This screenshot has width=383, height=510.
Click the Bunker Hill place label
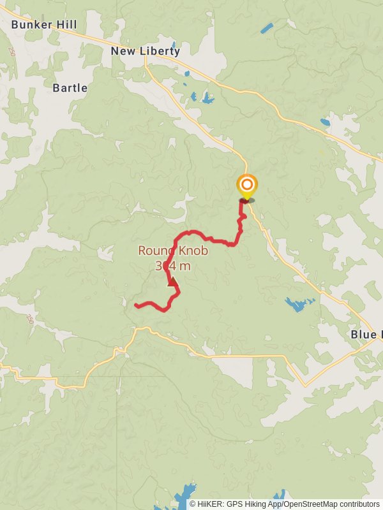[x=44, y=25]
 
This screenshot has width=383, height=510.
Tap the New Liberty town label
[x=146, y=51]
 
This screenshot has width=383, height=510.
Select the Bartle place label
[x=70, y=88]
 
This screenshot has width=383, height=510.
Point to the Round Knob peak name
[x=173, y=251]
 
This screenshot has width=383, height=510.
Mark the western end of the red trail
[x=137, y=306]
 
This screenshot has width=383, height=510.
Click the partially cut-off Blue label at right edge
[x=366, y=335]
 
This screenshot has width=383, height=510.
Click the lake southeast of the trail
[x=298, y=303]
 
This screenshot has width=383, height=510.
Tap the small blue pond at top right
[x=266, y=29]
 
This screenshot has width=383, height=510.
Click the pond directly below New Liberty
[x=207, y=98]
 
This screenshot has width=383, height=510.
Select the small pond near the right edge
[x=326, y=122]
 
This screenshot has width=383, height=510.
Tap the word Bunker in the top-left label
[x=30, y=25]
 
